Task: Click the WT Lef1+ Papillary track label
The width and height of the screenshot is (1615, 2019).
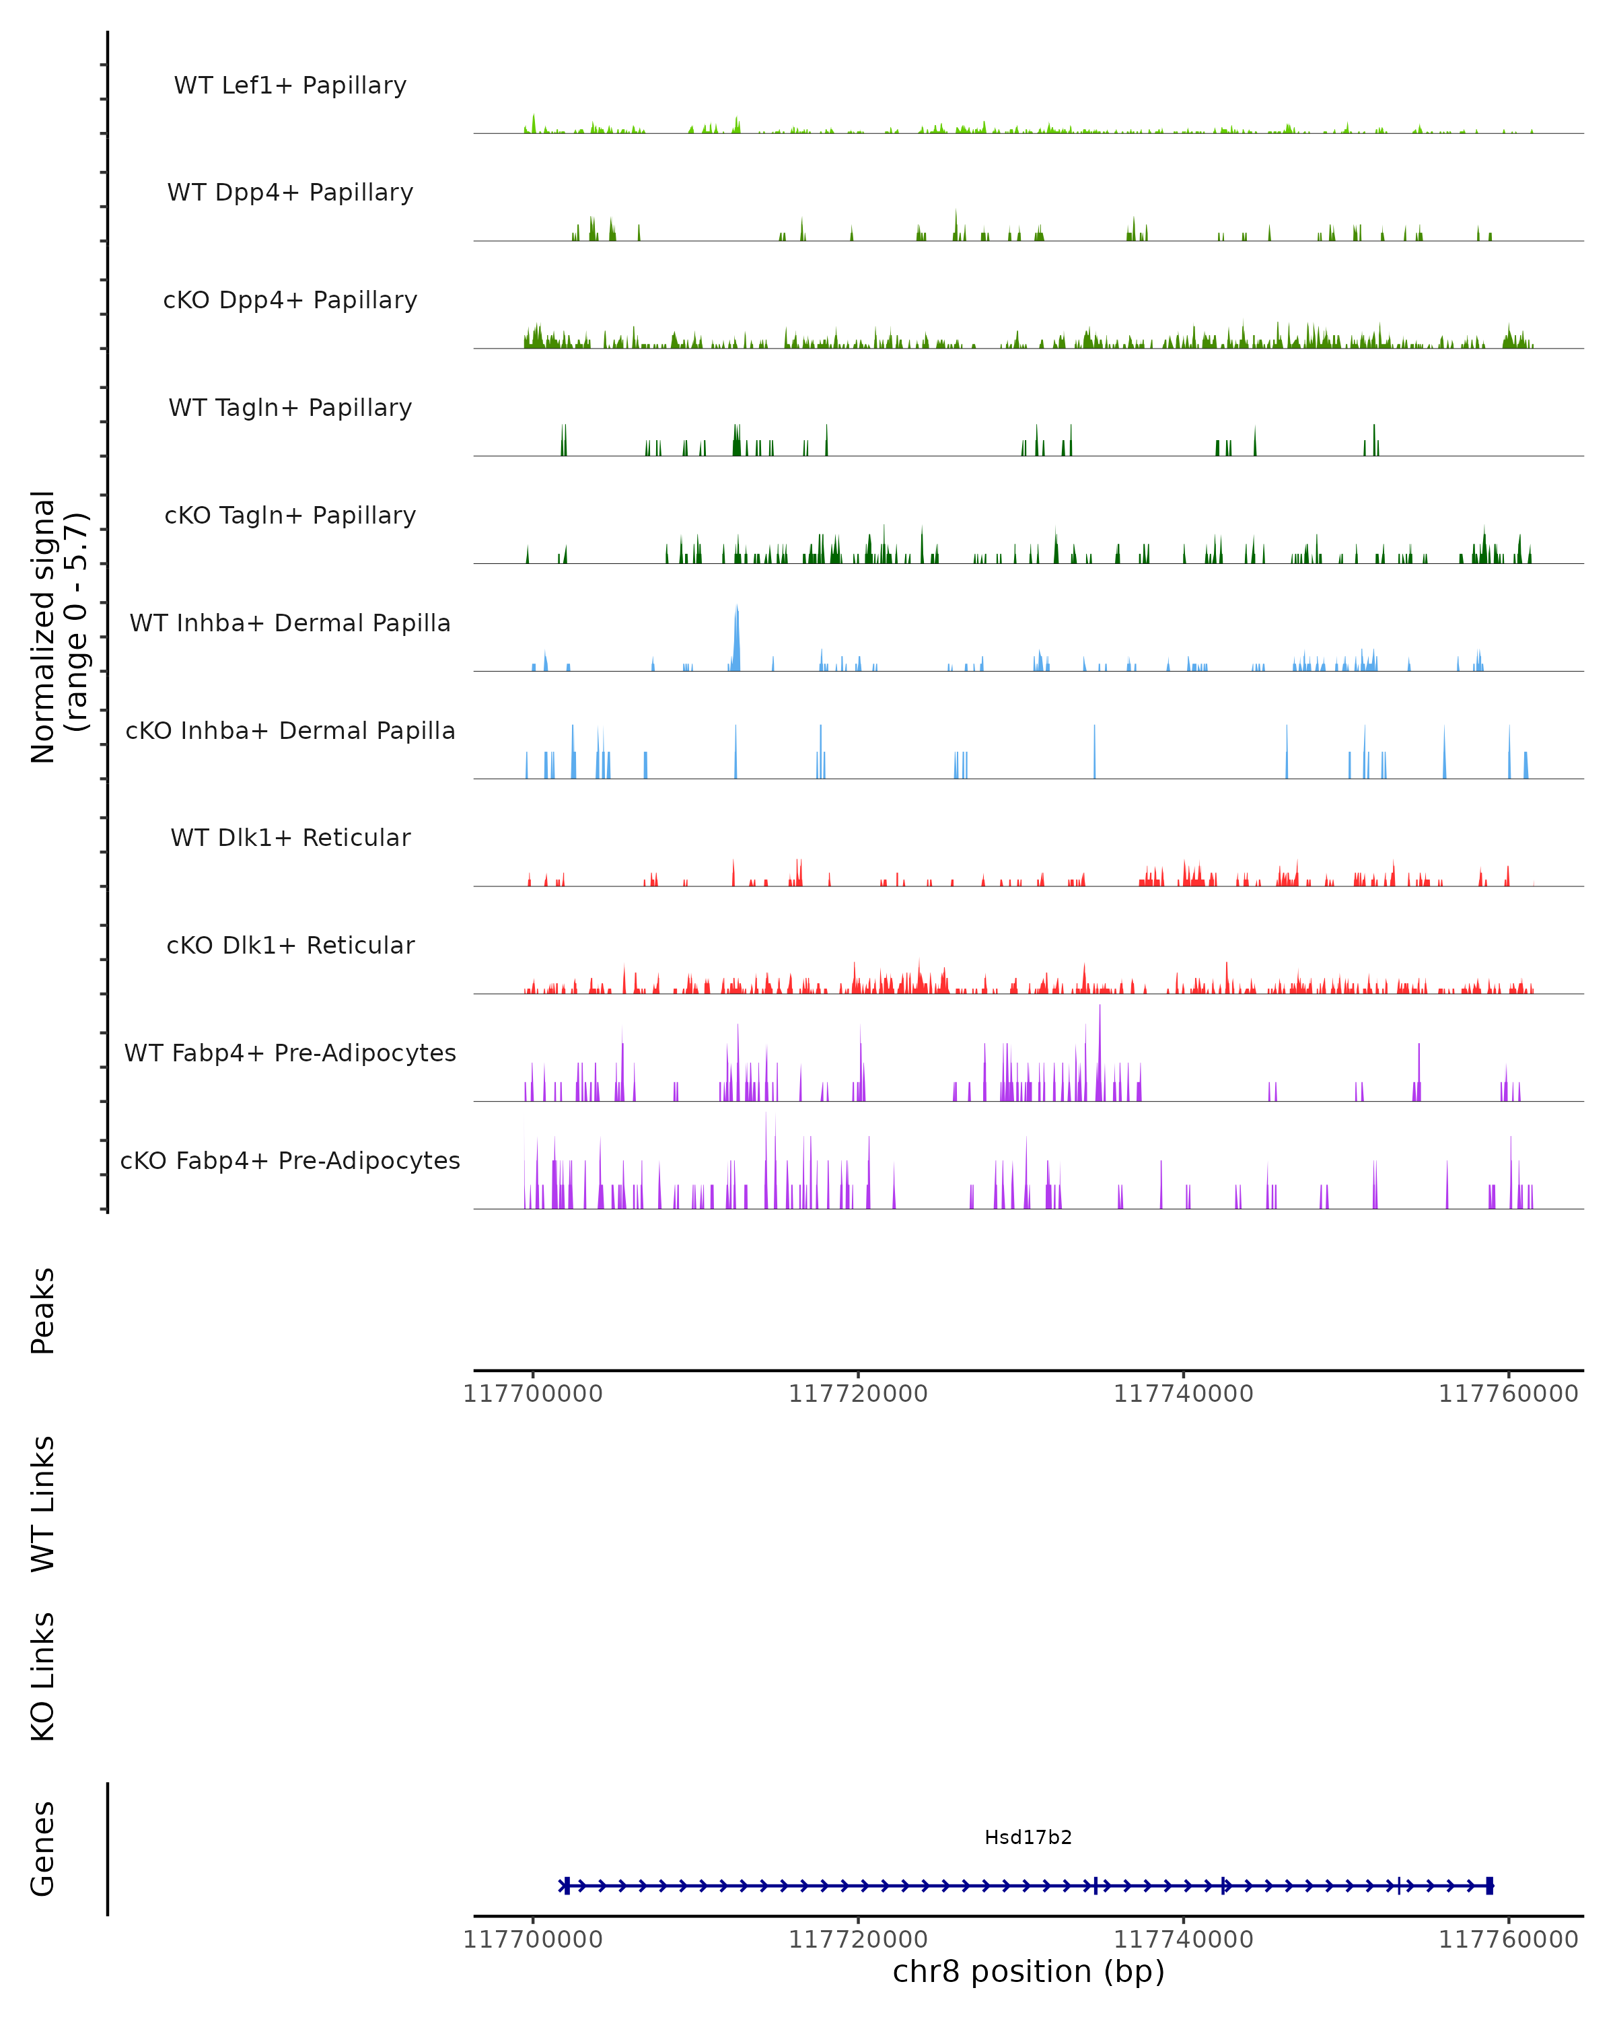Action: (x=290, y=85)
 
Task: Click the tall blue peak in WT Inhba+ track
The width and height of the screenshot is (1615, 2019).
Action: (x=737, y=637)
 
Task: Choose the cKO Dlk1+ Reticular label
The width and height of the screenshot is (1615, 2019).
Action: (x=290, y=945)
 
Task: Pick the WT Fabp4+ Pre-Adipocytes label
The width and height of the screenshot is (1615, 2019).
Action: (x=290, y=1053)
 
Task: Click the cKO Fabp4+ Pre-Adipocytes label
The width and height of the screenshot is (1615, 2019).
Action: (x=290, y=1160)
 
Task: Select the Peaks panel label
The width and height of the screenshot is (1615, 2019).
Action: (x=43, y=1310)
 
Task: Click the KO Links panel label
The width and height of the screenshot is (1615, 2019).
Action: (x=43, y=1676)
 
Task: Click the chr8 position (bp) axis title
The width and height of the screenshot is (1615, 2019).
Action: (x=1028, y=1971)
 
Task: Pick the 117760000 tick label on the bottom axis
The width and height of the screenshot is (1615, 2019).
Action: (x=1508, y=1940)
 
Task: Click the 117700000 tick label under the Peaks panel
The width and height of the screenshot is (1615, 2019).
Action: (x=533, y=1394)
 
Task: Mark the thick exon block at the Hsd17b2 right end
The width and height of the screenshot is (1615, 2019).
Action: (x=1490, y=1886)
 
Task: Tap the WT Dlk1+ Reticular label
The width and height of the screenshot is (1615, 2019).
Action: (x=290, y=837)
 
